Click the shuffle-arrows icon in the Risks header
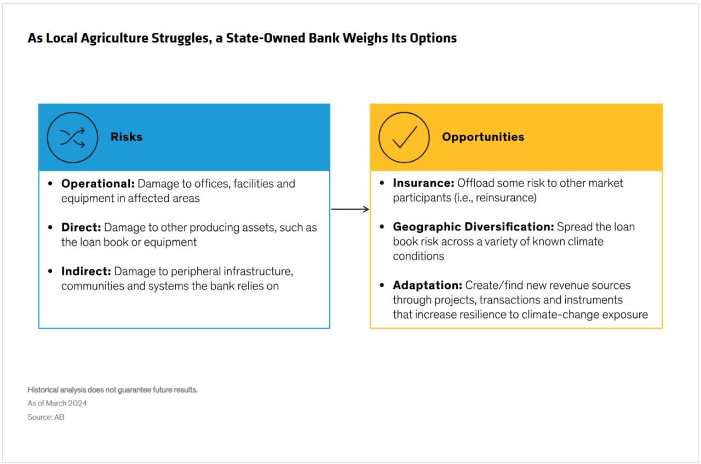pyautogui.click(x=72, y=137)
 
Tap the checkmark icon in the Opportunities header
pyautogui.click(x=404, y=137)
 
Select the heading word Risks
pyautogui.click(x=127, y=137)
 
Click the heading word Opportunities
pyautogui.click(x=483, y=137)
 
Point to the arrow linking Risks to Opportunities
pyautogui.click(x=350, y=209)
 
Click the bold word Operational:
pyautogui.click(x=97, y=183)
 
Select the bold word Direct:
pyautogui.click(x=81, y=227)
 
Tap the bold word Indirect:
pyautogui.click(x=86, y=271)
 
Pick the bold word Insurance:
pyautogui.click(x=423, y=183)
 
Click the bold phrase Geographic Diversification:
pyautogui.click(x=474, y=227)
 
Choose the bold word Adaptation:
pyautogui.click(x=428, y=285)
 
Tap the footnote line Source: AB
pyautogui.click(x=45, y=417)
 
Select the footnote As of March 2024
pyautogui.click(x=57, y=403)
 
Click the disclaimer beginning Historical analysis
pyautogui.click(x=112, y=390)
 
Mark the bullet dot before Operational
pyautogui.click(x=50, y=183)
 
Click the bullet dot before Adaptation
pyautogui.click(x=382, y=285)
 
